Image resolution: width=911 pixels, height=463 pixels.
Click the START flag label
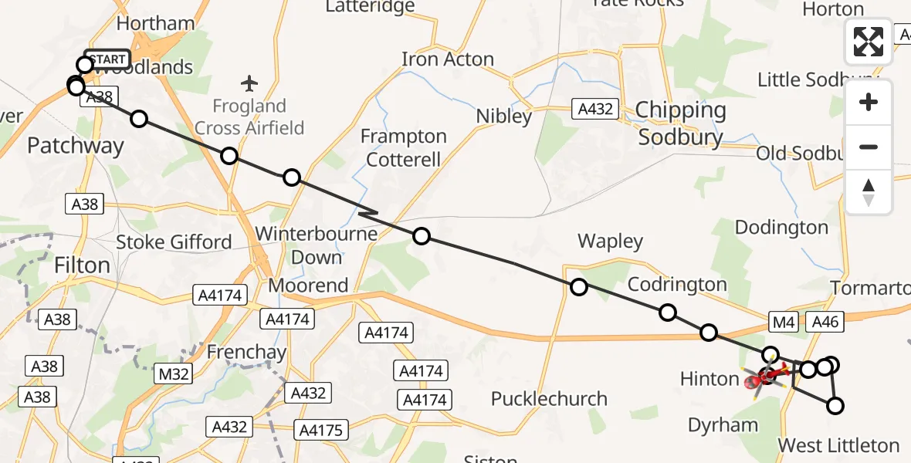click(x=107, y=59)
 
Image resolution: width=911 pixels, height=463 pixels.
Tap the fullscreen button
click(x=869, y=42)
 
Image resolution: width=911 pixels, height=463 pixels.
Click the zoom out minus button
click(x=869, y=147)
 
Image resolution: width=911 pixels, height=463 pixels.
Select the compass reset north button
click(x=869, y=192)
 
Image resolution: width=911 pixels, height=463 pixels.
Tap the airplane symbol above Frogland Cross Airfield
click(x=249, y=83)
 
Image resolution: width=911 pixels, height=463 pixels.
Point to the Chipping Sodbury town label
click(x=679, y=123)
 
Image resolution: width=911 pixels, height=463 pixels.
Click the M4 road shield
click(x=782, y=322)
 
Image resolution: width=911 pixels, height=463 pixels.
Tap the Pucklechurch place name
click(x=549, y=399)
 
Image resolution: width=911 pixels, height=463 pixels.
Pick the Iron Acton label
click(x=448, y=59)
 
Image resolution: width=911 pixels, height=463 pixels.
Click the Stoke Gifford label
click(x=174, y=242)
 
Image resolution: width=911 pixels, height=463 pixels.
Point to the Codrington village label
click(x=677, y=285)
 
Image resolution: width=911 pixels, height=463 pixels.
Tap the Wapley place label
click(x=610, y=242)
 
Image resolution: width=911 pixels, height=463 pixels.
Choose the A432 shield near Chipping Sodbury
click(x=596, y=109)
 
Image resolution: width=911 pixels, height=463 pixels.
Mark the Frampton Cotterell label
click(x=404, y=148)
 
